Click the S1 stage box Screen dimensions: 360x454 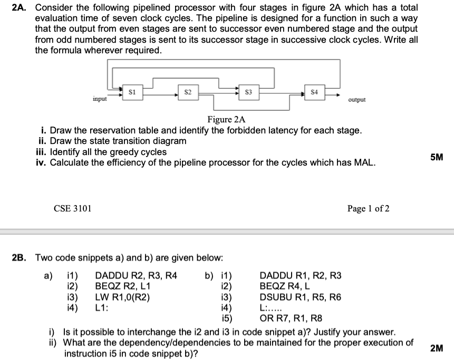coord(132,93)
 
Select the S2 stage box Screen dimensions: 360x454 coord(188,94)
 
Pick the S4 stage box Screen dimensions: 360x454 coord(314,94)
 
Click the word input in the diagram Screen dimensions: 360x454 coord(100,99)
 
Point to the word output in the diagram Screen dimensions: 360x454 coord(357,100)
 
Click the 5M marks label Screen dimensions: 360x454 coord(436,157)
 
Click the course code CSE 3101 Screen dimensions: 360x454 coord(73,209)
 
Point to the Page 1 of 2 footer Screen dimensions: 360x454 coord(369,209)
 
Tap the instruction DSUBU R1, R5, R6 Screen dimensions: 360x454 coord(301,297)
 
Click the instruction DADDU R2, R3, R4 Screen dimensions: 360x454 coord(136,275)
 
